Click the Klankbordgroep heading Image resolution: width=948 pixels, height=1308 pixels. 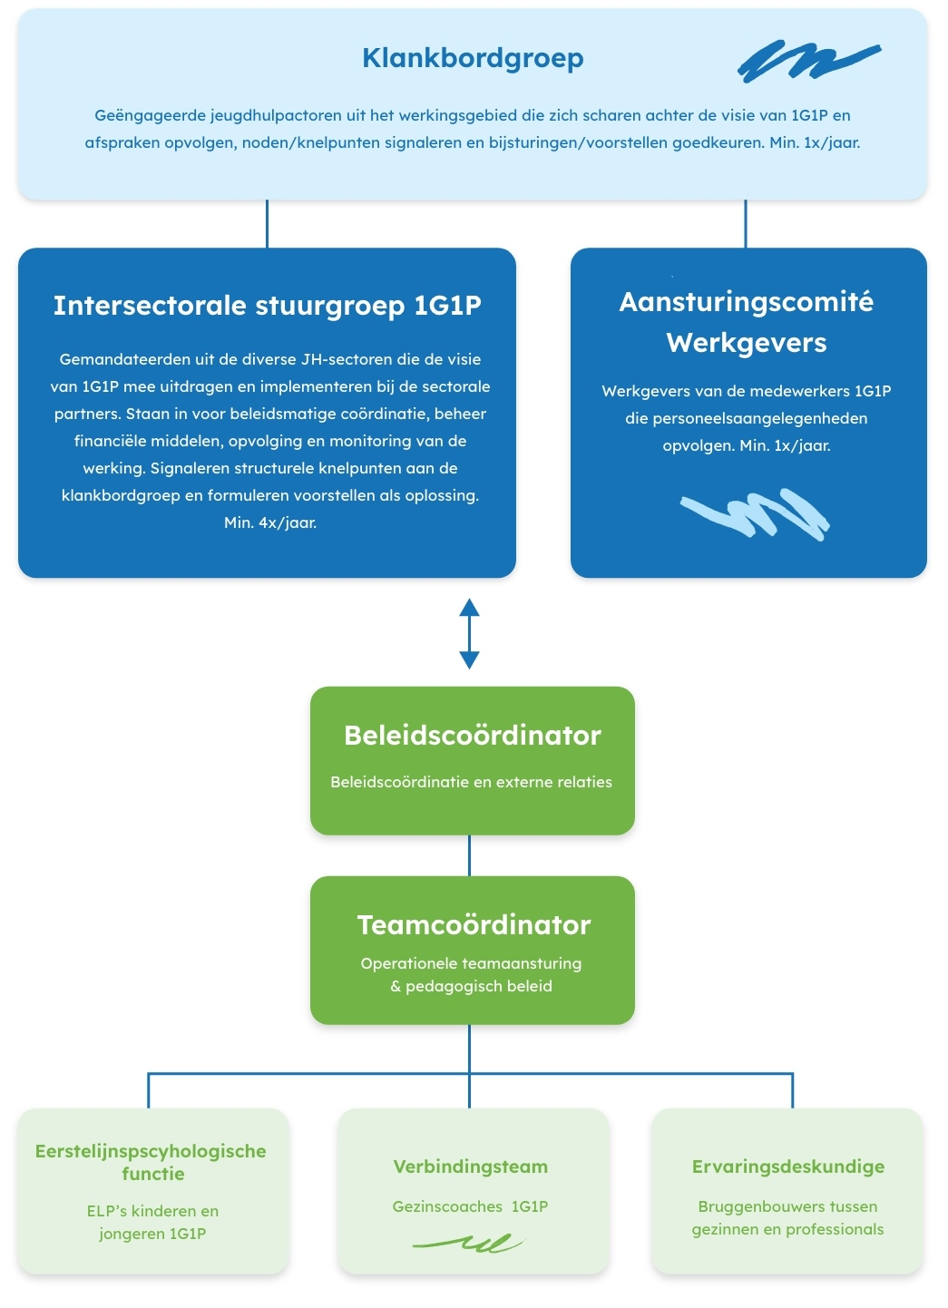point(474,58)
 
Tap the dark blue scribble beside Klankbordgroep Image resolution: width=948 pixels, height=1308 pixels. point(809,60)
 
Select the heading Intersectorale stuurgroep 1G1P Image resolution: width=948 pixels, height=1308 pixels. point(268,306)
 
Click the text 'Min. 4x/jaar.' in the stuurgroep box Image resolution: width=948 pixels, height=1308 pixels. point(270,522)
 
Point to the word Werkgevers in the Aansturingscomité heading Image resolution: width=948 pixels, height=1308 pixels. point(747,343)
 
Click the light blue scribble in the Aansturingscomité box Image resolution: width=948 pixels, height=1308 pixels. point(755,514)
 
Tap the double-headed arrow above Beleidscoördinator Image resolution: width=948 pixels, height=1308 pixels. point(470,633)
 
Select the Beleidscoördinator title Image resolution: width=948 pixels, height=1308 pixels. point(473,735)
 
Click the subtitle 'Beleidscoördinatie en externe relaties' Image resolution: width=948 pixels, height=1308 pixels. point(472,782)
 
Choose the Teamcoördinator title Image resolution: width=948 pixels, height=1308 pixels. point(474,925)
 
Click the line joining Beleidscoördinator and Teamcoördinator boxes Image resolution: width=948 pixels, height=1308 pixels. point(470,855)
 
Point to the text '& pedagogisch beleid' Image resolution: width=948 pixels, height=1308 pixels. point(472,986)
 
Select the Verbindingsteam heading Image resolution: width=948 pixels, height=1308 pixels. point(471,1166)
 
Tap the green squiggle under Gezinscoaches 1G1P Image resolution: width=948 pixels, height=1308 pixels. point(470,1244)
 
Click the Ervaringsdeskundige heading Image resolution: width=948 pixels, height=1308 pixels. point(788,1166)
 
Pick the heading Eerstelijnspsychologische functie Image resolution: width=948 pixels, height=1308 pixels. point(151,1163)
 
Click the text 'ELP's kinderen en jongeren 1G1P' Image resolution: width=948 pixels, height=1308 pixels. point(153,1223)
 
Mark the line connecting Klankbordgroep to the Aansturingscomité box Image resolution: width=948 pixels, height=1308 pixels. point(746,224)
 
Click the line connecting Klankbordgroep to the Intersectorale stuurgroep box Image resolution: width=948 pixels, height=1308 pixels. point(267,224)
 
